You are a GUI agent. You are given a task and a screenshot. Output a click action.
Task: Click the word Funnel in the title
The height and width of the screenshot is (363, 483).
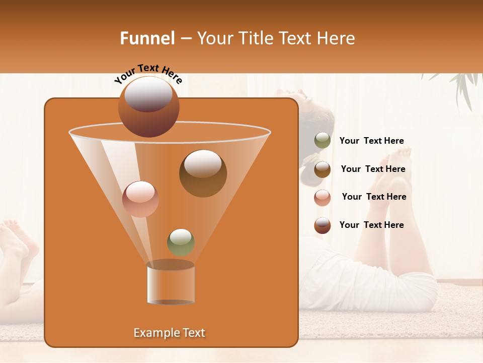click(147, 38)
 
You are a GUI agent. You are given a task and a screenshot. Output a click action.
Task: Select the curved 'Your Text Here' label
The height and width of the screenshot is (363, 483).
click(148, 73)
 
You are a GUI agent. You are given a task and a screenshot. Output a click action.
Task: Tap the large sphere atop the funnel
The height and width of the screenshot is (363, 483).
click(148, 107)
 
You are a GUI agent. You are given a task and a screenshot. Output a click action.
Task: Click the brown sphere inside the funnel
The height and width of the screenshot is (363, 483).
click(203, 173)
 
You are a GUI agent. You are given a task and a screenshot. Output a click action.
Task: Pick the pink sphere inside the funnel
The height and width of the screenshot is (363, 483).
click(140, 199)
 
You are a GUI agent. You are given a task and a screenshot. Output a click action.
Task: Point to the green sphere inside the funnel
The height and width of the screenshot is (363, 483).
click(181, 241)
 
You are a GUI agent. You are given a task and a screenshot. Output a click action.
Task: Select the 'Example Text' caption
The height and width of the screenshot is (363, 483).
click(170, 333)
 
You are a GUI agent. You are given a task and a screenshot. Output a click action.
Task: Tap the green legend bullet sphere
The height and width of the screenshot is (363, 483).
click(323, 141)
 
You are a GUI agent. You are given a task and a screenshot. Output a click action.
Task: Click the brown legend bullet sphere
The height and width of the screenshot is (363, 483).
click(323, 169)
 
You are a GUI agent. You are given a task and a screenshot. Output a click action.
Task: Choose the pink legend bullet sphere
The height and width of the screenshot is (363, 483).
click(323, 197)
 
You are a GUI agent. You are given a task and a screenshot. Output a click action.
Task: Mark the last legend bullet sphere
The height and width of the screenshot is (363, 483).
click(323, 225)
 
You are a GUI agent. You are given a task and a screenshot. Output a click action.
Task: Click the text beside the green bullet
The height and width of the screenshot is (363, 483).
click(371, 141)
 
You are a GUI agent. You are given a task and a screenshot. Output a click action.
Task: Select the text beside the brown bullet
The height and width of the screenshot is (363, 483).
click(373, 169)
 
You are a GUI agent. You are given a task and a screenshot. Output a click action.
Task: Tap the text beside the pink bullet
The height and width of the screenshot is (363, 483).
click(374, 197)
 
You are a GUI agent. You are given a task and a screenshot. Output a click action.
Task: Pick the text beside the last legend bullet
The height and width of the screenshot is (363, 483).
click(371, 225)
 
